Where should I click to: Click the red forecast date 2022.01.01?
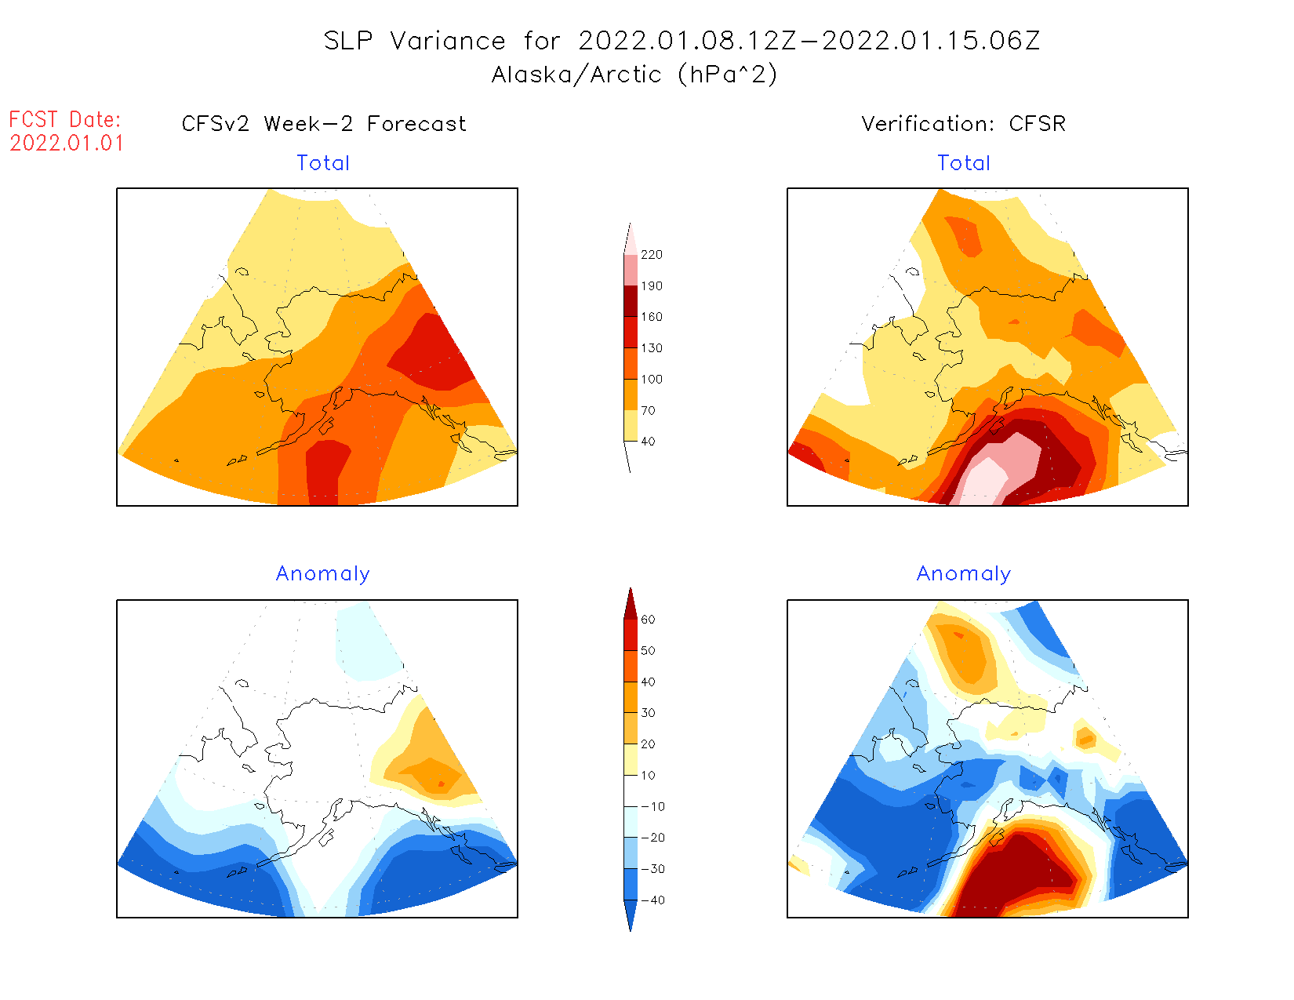point(67,144)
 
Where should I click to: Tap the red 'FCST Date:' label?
point(65,120)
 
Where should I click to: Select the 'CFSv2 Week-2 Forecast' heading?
point(324,124)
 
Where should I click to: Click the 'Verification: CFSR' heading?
point(963,124)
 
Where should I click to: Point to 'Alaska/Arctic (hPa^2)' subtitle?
point(634,75)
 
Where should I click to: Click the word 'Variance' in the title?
point(448,41)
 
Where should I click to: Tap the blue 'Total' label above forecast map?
point(323,163)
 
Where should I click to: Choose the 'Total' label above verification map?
point(964,163)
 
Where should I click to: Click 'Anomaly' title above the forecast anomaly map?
point(323,574)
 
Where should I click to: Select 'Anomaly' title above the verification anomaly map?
point(964,574)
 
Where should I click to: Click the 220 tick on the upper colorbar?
point(651,255)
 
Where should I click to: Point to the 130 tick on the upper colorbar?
point(651,348)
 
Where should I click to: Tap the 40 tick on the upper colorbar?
point(648,442)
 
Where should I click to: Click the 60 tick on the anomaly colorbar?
point(648,620)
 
